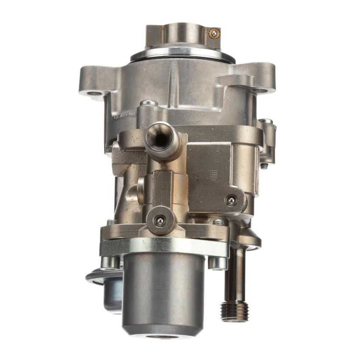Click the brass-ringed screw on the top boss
214,33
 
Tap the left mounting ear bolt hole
94,92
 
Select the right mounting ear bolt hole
261,90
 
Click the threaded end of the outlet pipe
234,310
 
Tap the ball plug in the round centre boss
160,220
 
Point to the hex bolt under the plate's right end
218,263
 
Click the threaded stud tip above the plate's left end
111,222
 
